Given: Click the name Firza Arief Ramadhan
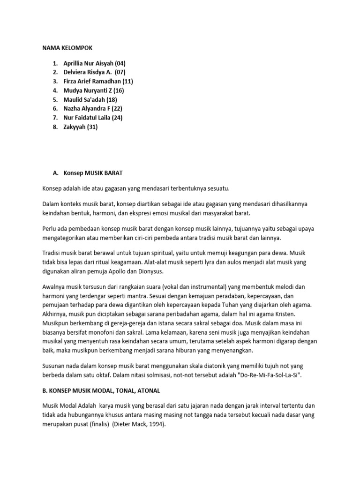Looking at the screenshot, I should (x=92, y=81).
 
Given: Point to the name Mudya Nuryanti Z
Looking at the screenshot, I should (x=88, y=90).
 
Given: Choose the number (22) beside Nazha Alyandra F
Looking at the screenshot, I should (x=115, y=109).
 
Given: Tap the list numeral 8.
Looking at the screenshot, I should (x=54, y=127).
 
